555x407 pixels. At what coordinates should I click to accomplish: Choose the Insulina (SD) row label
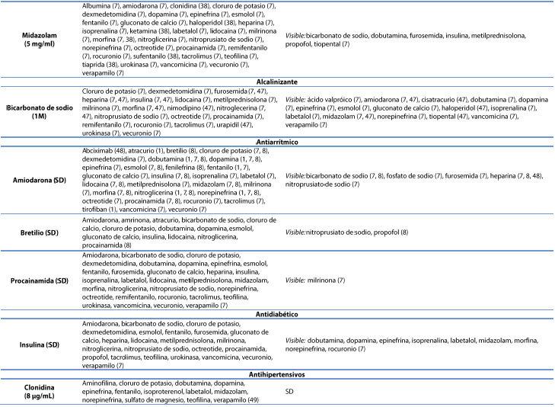[x=37, y=344]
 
